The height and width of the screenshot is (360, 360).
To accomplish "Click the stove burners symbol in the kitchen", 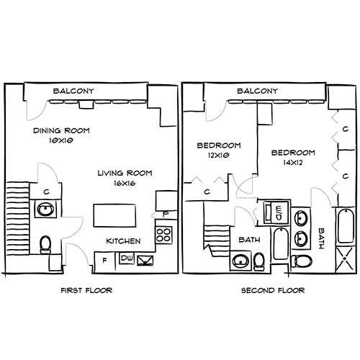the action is tap(163, 235).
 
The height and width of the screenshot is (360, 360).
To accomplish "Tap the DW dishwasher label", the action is tap(127, 258).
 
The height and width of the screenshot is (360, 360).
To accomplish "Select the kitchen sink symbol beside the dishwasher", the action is tap(145, 261).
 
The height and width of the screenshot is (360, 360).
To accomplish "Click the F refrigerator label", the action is tap(104, 261).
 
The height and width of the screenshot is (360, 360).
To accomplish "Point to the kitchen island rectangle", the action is tap(114, 215).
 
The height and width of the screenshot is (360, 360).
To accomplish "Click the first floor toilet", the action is tap(45, 244).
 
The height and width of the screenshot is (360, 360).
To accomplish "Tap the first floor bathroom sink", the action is tap(45, 210).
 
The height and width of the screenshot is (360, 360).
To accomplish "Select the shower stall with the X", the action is tap(345, 258).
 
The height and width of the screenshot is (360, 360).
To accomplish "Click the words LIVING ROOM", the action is tap(125, 173).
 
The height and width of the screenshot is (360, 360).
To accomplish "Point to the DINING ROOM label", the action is tap(61, 130).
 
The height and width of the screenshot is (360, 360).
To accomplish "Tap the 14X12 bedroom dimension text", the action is tap(293, 163).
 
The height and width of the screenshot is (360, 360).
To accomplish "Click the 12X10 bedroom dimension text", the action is tap(219, 156).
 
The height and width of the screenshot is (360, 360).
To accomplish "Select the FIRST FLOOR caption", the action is tap(86, 290).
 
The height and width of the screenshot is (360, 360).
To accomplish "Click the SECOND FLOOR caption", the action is tap(273, 290).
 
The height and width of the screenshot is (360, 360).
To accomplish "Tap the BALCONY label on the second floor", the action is tap(257, 91).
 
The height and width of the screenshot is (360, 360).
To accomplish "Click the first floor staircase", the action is tap(17, 218).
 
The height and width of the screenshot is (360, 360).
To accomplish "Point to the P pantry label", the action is tap(166, 215).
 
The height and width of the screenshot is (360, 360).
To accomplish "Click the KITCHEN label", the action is tap(123, 241).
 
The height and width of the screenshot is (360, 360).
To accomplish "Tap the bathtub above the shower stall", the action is tap(346, 226).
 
